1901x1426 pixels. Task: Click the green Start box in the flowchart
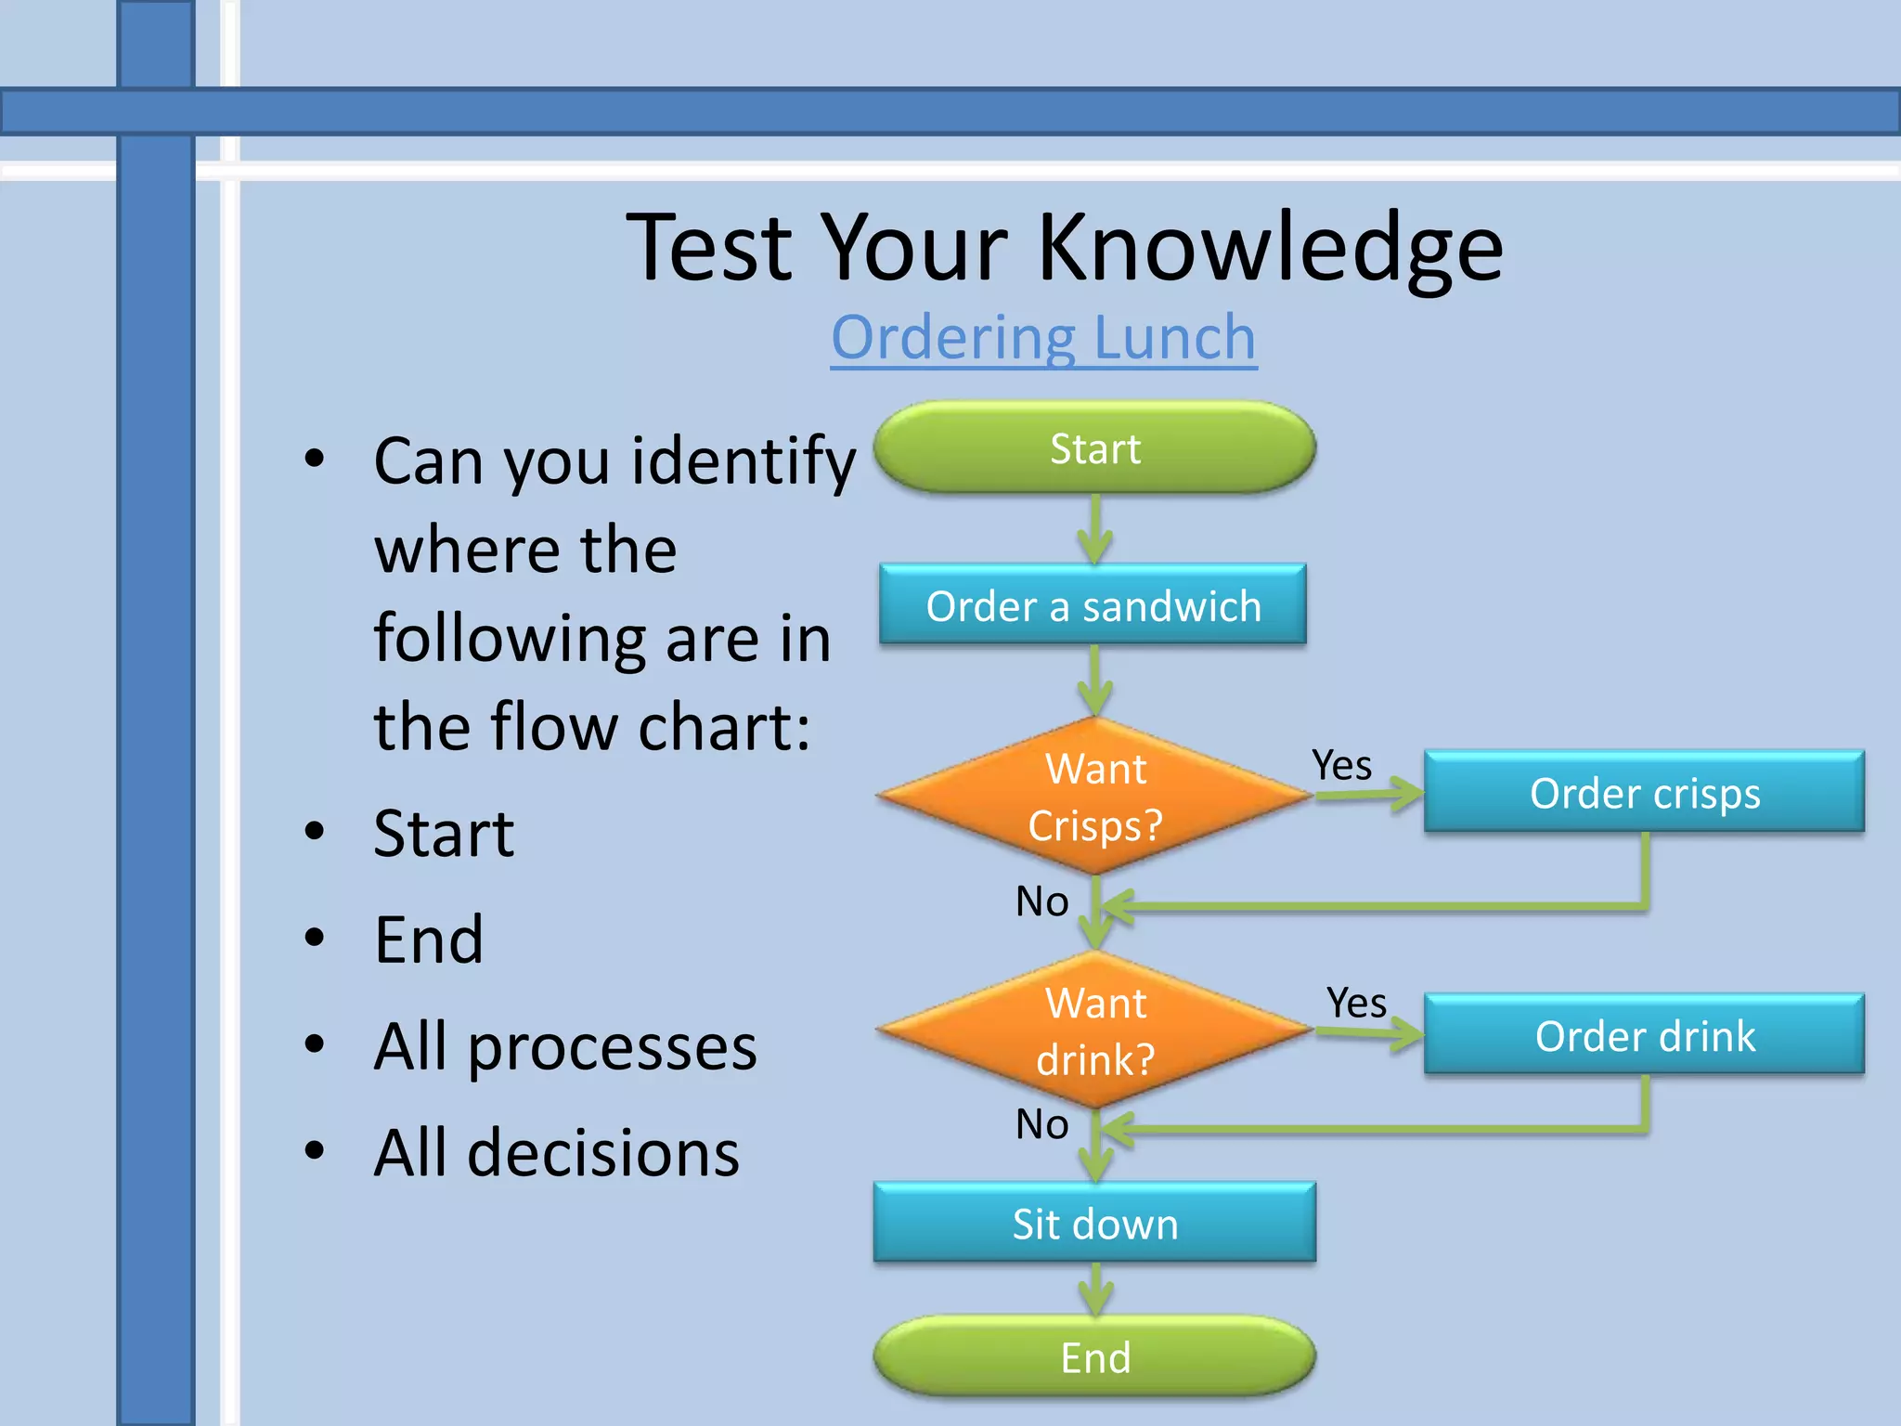[1094, 448]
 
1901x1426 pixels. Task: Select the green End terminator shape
[1094, 1357]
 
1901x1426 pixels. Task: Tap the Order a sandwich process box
[1093, 605]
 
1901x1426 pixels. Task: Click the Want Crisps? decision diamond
[1094, 797]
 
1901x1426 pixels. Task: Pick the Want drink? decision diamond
[1094, 1031]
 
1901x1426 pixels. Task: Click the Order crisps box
[1644, 793]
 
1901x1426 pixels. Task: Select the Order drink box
[1644, 1035]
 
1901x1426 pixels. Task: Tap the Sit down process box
[1094, 1224]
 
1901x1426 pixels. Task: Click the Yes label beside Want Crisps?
[1341, 766]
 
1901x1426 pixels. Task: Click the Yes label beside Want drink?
[1356, 1003]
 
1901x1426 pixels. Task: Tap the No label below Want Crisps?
[1041, 901]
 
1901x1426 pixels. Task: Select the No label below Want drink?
[1041, 1124]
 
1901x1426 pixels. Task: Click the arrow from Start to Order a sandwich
[1095, 529]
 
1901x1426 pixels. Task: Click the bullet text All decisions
[556, 1153]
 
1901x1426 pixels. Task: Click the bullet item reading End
[428, 940]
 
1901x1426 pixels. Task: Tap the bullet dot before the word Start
[316, 832]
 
